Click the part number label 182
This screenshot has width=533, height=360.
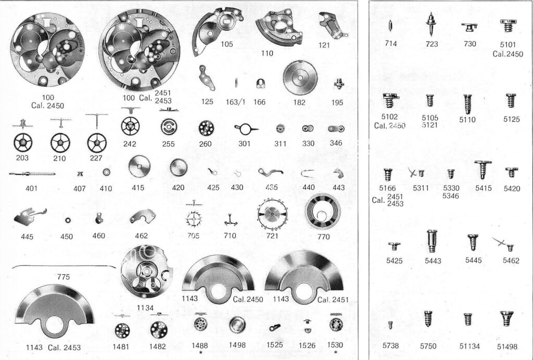[299, 102]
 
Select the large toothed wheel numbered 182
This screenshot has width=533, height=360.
[300, 78]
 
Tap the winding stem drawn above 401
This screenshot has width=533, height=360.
[32, 174]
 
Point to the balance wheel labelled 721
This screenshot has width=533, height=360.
[272, 215]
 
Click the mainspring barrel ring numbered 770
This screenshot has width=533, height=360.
[323, 212]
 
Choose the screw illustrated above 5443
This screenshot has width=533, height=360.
[432, 241]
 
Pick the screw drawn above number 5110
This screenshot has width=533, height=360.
[468, 104]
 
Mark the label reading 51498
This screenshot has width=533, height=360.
[507, 346]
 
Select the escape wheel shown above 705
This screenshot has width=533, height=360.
[194, 219]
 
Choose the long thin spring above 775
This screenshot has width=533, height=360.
[64, 266]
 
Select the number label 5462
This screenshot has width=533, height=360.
[511, 261]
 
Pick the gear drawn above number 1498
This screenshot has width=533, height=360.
[237, 325]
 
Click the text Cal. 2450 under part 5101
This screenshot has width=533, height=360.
[507, 54]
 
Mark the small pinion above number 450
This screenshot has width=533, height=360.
[67, 221]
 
